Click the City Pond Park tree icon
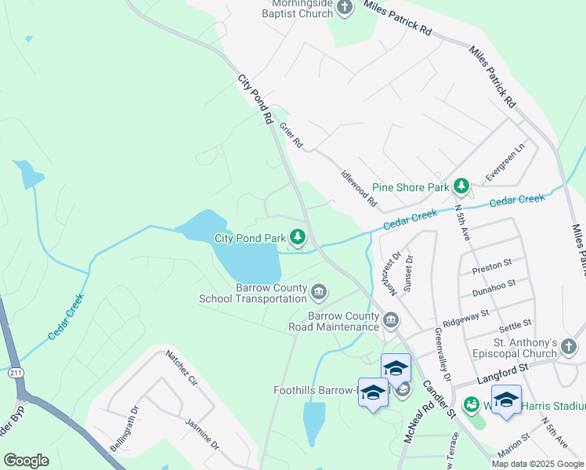point(298,237)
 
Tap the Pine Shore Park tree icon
point(462,186)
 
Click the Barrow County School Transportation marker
point(319,293)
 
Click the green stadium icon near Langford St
point(471,405)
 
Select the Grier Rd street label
point(291,138)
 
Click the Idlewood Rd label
point(360,189)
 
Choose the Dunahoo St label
point(493,289)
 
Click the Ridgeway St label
point(465,316)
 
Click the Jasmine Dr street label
point(201,433)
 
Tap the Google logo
point(27,460)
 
